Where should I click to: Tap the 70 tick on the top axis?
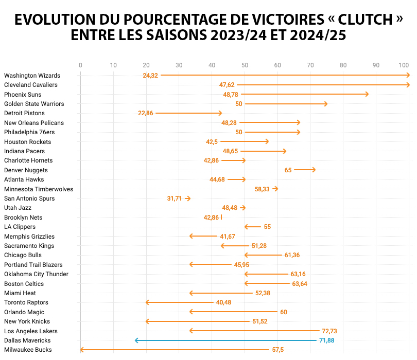tap(310, 65)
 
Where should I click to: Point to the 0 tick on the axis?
tap(80, 65)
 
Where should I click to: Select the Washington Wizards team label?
tap(32, 76)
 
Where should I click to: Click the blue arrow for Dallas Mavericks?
tap(227, 340)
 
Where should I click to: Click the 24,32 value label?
tap(150, 76)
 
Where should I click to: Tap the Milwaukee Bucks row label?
tap(28, 350)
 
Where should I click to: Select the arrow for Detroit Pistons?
tap(188, 113)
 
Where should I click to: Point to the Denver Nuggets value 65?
tap(288, 170)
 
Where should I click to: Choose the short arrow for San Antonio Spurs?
tap(187, 198)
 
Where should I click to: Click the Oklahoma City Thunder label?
tap(36, 274)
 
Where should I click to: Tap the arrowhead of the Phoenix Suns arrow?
tap(367, 94)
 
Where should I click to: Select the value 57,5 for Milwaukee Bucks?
tap(277, 350)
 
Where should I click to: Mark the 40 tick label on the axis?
tap(212, 65)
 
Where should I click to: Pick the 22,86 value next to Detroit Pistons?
tap(146, 113)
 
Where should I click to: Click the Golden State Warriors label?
tap(34, 104)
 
